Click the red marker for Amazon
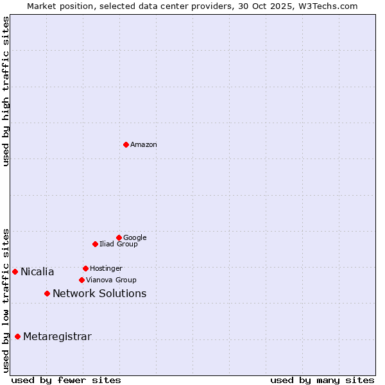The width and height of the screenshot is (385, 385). [126, 144]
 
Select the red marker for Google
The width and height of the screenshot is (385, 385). [119, 237]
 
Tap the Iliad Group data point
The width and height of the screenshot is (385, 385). [95, 244]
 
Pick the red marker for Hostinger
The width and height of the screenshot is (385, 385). [85, 268]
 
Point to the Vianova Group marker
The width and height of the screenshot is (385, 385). [81, 280]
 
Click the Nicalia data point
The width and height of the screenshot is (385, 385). [15, 271]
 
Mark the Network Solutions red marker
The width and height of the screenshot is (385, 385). [47, 293]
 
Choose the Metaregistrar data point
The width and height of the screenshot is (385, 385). [17, 336]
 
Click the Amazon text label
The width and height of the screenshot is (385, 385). [144, 145]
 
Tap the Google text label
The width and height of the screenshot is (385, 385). [135, 238]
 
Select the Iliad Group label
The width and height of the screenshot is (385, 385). [119, 244]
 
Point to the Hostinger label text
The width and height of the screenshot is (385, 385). [106, 269]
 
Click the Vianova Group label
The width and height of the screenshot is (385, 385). [111, 280]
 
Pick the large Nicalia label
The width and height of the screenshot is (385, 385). [37, 272]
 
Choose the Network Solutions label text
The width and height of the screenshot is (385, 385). [99, 294]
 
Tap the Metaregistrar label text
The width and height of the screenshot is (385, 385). [57, 337]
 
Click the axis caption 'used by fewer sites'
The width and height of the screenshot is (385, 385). [66, 380]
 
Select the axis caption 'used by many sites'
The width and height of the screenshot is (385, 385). [322, 380]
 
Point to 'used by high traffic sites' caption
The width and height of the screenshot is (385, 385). [6, 91]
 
